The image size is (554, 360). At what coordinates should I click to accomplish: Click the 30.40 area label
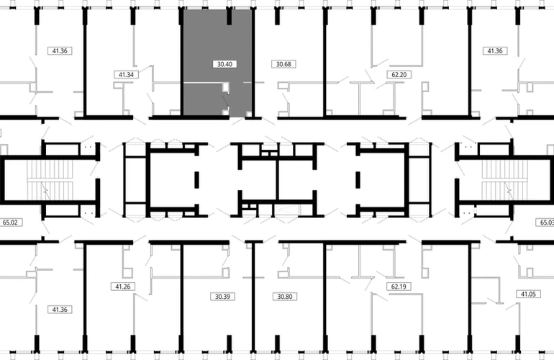tap(224, 64)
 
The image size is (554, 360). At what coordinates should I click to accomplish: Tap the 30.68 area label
tap(283, 64)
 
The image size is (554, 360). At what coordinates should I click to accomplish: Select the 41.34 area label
tap(126, 75)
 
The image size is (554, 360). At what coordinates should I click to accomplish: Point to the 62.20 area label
tap(399, 75)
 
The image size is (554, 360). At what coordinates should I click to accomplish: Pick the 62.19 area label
tap(399, 287)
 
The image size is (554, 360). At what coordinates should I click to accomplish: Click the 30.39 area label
tap(222, 297)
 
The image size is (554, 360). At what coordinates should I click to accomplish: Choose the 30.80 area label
tap(285, 297)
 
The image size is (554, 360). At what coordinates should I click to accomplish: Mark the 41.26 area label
tap(123, 287)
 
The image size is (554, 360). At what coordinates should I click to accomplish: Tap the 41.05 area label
tap(528, 294)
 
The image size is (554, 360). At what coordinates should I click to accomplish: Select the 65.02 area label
tap(10, 222)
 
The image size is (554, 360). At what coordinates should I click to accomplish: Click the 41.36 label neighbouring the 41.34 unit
tap(60, 51)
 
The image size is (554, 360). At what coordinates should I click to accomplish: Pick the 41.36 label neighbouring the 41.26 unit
tap(60, 310)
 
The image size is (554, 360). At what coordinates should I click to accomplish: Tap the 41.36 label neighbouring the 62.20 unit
tap(495, 51)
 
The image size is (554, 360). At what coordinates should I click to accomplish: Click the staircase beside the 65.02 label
tap(50, 180)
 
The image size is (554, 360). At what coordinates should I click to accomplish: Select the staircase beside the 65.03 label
tap(505, 180)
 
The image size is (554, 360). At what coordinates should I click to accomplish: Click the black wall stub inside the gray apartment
tap(229, 17)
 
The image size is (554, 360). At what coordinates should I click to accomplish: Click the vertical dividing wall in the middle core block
tap(278, 180)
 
